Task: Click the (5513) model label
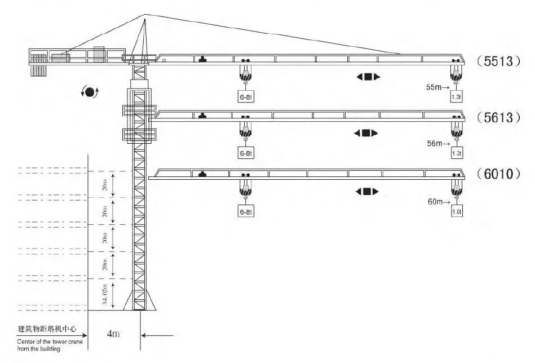coord(499,61)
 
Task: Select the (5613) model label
coord(499,118)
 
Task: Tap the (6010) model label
coord(499,174)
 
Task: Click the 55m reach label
coord(437,87)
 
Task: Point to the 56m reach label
coord(437,144)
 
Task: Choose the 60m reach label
coord(437,201)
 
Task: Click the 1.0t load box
coord(457,212)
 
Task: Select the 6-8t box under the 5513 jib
coord(245,96)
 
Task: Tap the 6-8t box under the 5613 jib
coord(245,153)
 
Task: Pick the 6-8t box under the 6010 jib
coord(245,212)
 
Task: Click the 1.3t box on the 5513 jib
coord(456,96)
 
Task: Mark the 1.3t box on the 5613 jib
coord(456,153)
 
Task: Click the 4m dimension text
coord(113,334)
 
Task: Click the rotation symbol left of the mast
coord(90,91)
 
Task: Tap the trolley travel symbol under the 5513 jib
coord(368,77)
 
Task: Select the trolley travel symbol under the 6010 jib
coord(368,192)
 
